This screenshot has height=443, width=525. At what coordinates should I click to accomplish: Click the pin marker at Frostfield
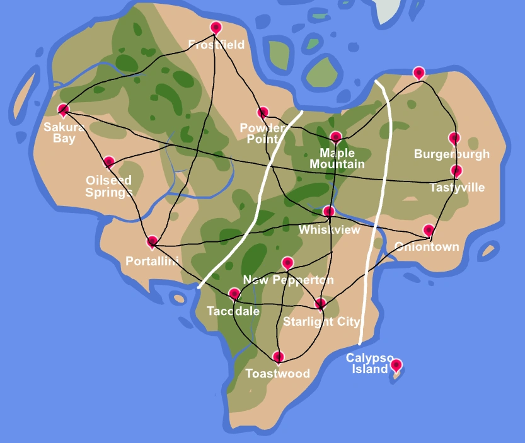216,28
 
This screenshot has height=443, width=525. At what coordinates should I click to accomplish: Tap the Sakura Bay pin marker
63,110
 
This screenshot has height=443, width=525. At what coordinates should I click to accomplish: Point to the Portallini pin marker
152,241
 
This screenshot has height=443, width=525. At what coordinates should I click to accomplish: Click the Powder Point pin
263,113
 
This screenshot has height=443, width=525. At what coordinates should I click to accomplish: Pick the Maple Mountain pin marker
335,137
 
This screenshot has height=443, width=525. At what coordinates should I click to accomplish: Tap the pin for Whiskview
328,211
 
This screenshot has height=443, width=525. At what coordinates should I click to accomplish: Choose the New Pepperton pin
287,263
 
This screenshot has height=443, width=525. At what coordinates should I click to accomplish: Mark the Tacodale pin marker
234,294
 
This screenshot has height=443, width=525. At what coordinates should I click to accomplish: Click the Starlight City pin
320,304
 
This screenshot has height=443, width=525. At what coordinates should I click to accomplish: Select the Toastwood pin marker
278,357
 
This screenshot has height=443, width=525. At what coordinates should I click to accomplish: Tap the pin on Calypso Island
396,365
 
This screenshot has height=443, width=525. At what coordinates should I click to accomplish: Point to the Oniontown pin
428,230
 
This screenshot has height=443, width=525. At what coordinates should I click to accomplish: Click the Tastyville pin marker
456,171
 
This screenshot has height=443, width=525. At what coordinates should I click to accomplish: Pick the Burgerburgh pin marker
454,138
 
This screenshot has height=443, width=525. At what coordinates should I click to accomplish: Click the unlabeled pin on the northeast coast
418,72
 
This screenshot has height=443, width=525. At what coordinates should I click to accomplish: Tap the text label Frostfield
216,45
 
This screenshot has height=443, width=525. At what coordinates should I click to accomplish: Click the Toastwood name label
277,374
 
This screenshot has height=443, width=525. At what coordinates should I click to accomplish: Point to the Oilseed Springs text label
109,187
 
